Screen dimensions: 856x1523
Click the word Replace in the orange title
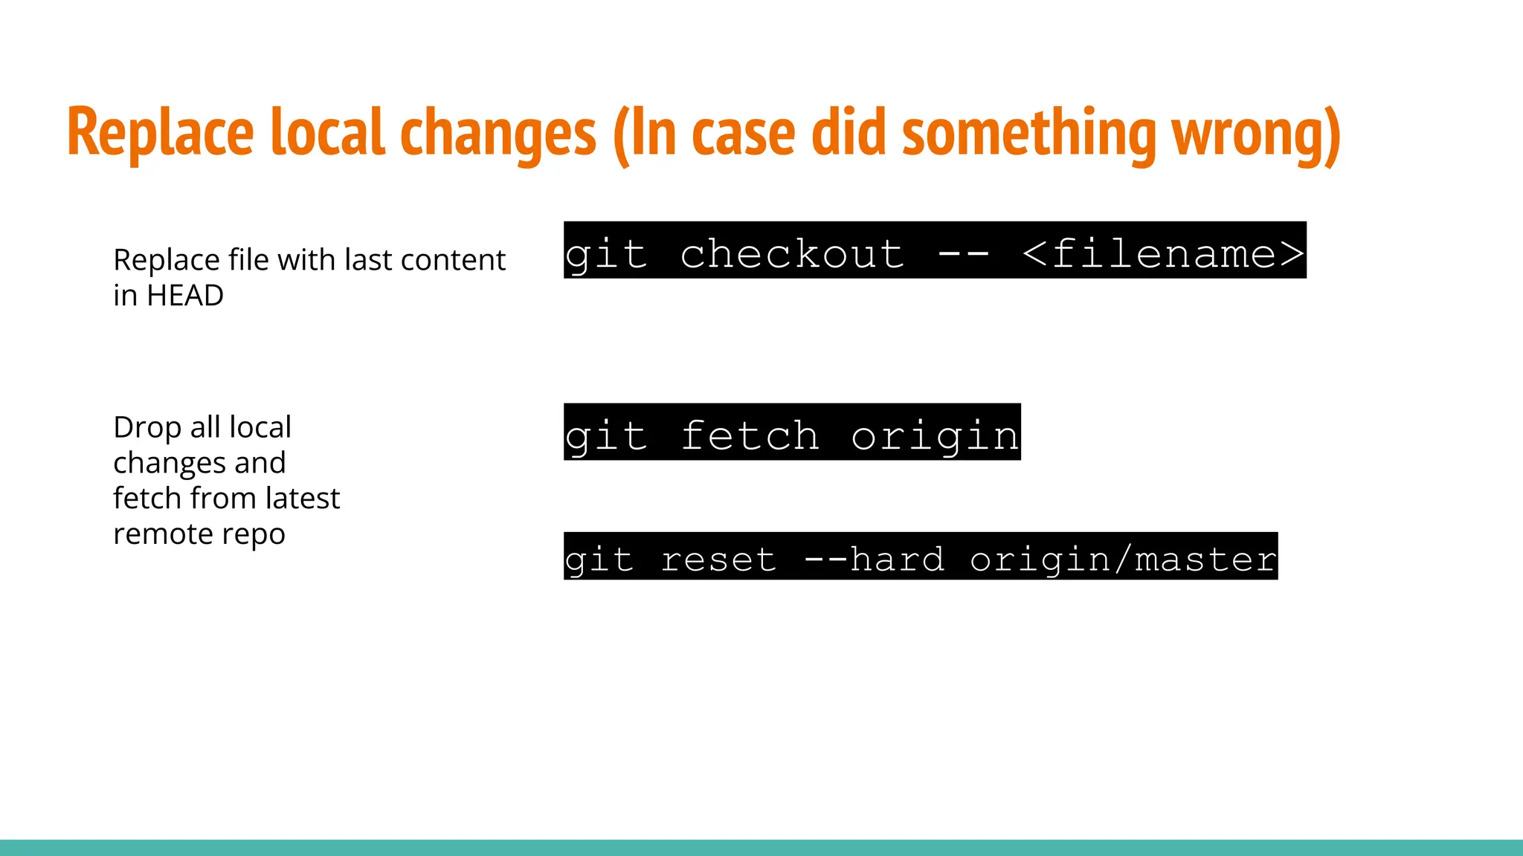pyautogui.click(x=161, y=134)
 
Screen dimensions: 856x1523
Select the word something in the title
pyautogui.click(x=1029, y=134)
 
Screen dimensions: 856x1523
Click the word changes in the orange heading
pyautogui.click(x=498, y=134)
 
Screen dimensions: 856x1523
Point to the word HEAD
pyautogui.click(x=185, y=296)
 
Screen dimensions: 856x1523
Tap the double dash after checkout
pyautogui.click(x=964, y=253)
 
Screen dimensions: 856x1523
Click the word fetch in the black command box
pyautogui.click(x=750, y=435)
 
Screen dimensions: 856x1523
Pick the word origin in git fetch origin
pyautogui.click(x=935, y=435)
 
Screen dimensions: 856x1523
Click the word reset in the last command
pyautogui.click(x=718, y=559)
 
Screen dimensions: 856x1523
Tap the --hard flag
pyautogui.click(x=875, y=559)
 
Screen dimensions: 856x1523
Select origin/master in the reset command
pyautogui.click(x=1123, y=559)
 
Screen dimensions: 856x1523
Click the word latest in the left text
pyautogui.click(x=302, y=499)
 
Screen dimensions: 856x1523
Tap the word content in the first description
pyautogui.click(x=453, y=260)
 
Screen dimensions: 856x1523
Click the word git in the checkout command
pyautogui.click(x=605, y=253)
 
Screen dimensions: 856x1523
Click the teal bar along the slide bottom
pyautogui.click(x=761, y=847)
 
